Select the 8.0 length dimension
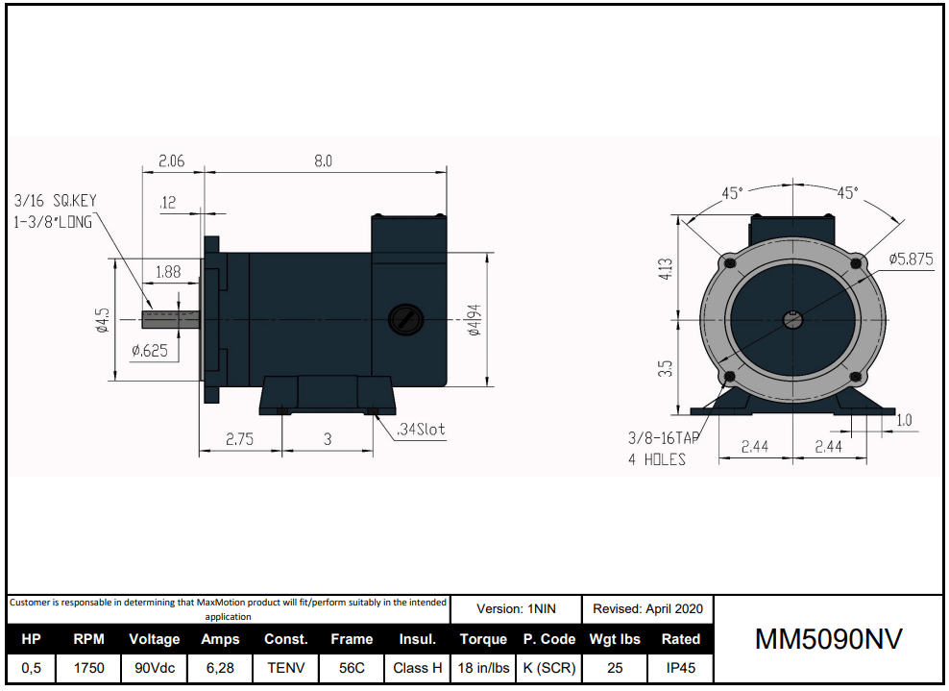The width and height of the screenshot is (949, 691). coord(323,161)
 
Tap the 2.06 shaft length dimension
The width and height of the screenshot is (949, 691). coord(171,161)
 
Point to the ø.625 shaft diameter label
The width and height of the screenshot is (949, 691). coord(150,351)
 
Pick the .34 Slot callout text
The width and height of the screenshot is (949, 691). coord(421,430)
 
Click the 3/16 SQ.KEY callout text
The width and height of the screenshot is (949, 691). coord(56,201)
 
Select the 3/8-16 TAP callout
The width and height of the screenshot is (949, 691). coord(664,437)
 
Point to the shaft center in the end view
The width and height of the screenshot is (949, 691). coord(791,319)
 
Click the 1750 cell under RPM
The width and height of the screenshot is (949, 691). coord(88,668)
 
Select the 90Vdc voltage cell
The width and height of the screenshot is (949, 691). coord(154,668)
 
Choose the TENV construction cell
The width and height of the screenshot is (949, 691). coord(286,668)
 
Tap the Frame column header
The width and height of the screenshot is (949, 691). coord(352,639)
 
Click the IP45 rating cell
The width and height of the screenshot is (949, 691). coord(680,668)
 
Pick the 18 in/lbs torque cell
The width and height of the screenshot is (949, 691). coord(483,668)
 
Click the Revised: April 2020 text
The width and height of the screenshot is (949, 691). coord(647,608)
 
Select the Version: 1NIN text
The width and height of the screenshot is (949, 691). coord(516,608)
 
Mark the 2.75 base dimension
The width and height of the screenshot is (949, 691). coord(239,439)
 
